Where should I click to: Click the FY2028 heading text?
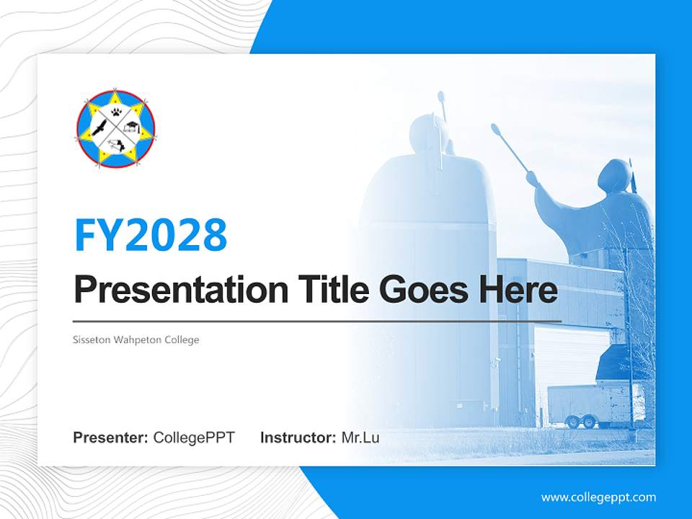[151, 235]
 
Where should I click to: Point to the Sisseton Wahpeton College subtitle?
[136, 340]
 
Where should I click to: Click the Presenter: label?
[111, 438]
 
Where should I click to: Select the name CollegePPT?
[194, 438]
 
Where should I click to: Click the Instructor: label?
[298, 438]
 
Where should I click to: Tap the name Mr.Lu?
[360, 438]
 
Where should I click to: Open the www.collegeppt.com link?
[598, 497]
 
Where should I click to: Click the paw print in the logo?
[116, 112]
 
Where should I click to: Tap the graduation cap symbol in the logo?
[133, 128]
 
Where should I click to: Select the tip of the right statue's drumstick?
[495, 129]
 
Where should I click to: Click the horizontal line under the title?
[317, 321]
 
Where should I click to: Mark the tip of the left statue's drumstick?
[440, 96]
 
